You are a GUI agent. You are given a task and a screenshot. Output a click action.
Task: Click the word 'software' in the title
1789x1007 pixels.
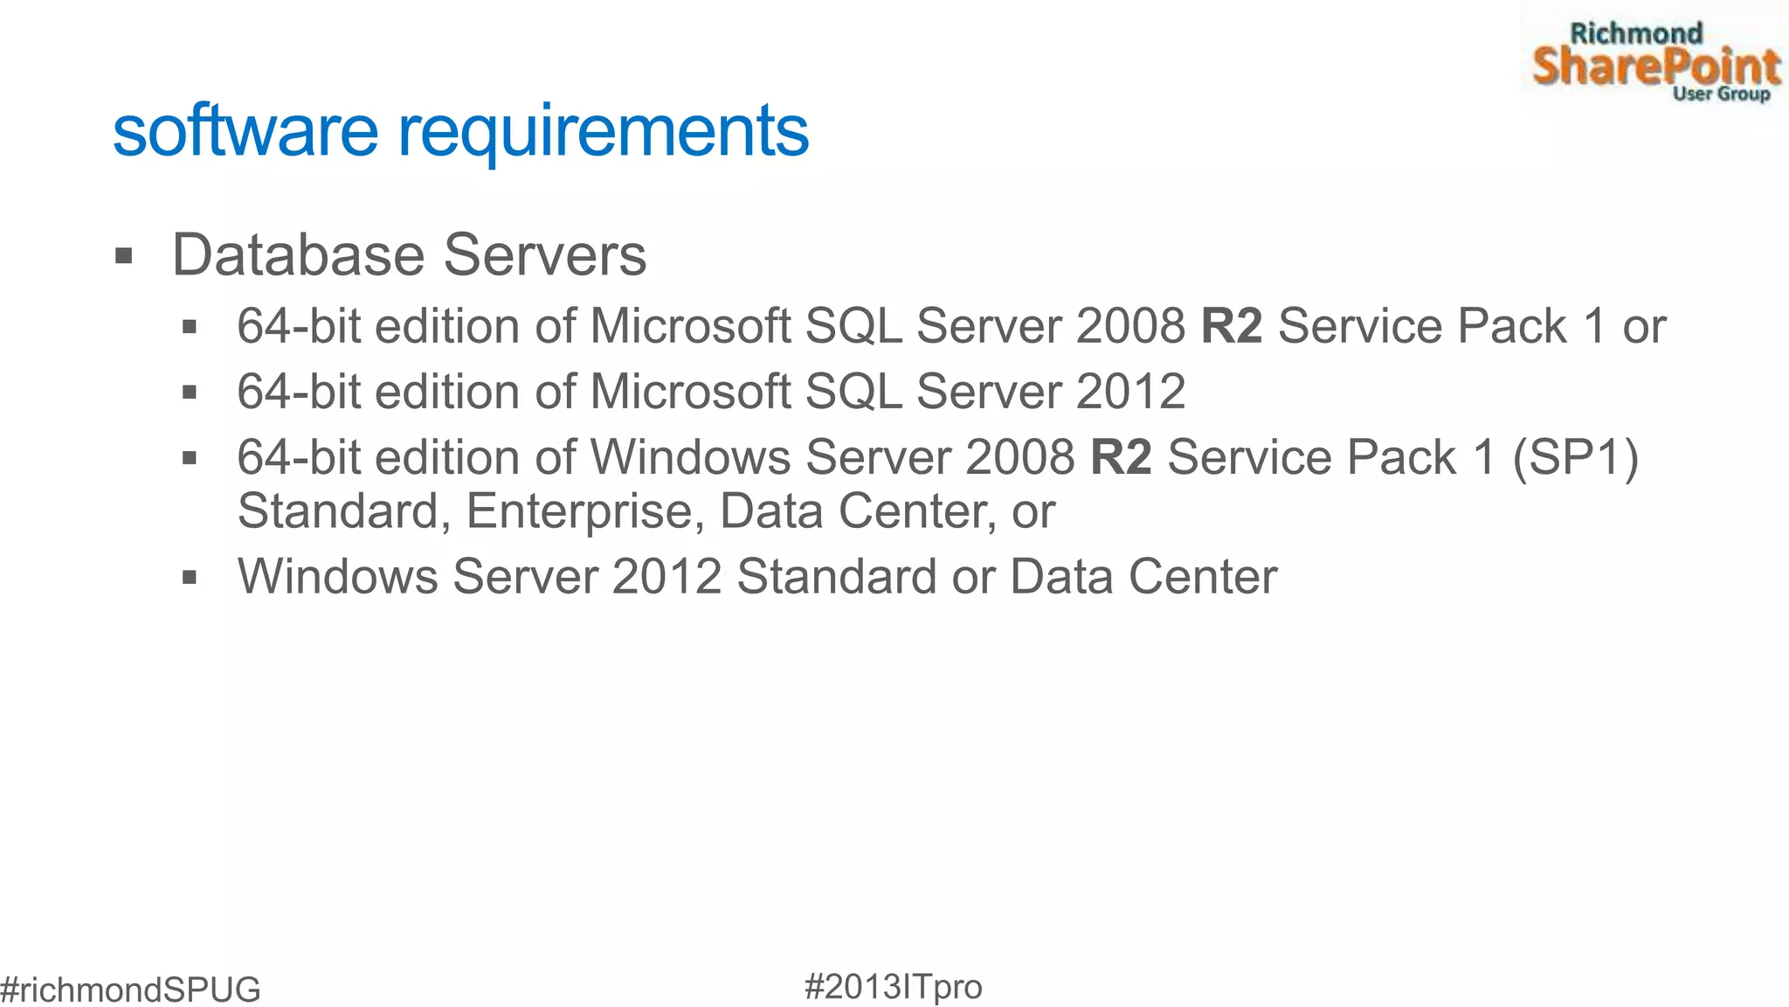point(245,131)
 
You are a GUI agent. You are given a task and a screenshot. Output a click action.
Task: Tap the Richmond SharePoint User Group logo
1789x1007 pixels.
point(1654,61)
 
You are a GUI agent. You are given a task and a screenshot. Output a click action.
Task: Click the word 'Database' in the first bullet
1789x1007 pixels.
point(298,255)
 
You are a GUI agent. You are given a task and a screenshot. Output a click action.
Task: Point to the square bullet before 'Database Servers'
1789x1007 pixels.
point(124,257)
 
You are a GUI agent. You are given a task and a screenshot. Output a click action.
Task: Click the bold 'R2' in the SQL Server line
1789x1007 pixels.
point(1232,326)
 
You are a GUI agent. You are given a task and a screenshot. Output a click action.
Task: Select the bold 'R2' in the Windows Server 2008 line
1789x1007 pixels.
point(1121,457)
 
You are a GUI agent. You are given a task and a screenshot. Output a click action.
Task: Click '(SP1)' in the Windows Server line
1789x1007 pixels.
point(1575,457)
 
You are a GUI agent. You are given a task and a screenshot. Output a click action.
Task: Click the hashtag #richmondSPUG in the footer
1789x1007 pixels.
point(130,990)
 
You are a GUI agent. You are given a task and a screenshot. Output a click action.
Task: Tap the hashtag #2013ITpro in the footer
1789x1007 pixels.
point(893,987)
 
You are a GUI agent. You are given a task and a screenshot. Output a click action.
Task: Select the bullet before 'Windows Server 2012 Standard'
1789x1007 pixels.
point(190,578)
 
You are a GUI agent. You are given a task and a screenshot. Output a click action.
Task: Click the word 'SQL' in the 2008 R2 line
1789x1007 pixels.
point(853,326)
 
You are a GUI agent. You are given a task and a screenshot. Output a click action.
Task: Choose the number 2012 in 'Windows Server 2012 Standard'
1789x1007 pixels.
point(667,577)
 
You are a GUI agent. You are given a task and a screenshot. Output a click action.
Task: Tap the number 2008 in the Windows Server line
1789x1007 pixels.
point(1019,457)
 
